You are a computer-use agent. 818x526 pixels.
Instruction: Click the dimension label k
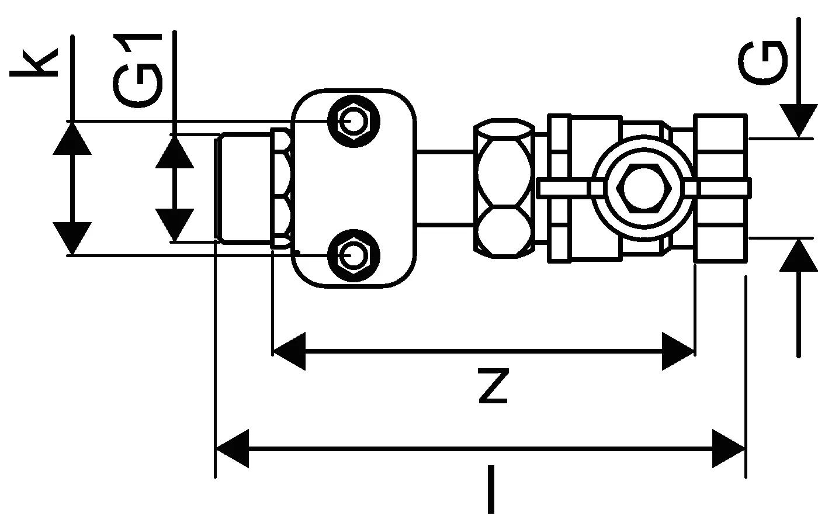pos(34,63)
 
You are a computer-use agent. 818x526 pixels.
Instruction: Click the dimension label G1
pos(138,70)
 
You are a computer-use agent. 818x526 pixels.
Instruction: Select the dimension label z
pos(493,386)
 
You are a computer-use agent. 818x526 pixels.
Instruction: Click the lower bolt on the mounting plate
pos(354,255)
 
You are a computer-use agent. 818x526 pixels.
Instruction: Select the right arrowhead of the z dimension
pos(678,351)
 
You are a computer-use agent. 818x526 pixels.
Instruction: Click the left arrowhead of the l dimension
pos(233,449)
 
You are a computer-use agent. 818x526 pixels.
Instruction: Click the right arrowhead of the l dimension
pos(729,449)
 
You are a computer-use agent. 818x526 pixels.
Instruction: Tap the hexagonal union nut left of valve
pos(504,188)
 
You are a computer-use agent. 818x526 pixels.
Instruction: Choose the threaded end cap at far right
pos(720,188)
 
